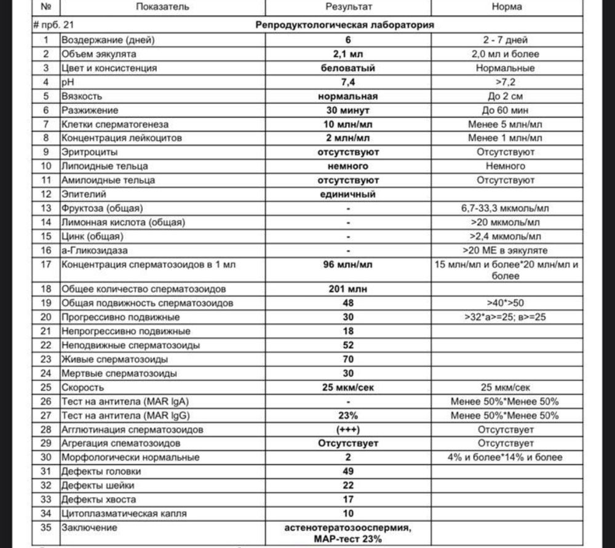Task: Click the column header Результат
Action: tap(348, 7)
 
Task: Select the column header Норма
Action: tap(507, 7)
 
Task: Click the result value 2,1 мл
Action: tap(348, 54)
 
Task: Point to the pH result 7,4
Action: tap(348, 82)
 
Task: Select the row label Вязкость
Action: tap(81, 96)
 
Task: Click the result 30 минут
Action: tap(348, 111)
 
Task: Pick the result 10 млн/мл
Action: tap(348, 125)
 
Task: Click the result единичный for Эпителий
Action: tap(348, 195)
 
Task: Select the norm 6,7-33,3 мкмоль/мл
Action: tap(507, 209)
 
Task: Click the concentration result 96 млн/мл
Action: tap(348, 265)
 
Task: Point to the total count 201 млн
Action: tap(348, 289)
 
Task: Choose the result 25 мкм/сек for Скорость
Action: tap(348, 388)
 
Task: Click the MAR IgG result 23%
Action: tap(348, 415)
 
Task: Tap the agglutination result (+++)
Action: tap(348, 429)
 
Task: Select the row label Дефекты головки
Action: tap(101, 472)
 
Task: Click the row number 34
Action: tap(46, 514)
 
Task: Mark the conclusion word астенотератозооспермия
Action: tap(348, 528)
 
